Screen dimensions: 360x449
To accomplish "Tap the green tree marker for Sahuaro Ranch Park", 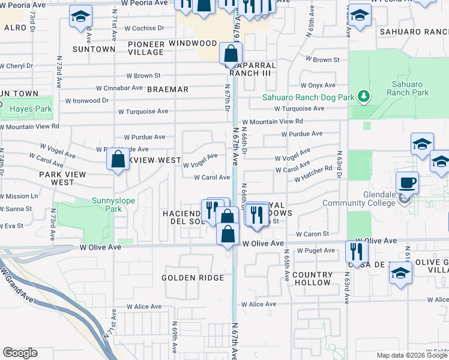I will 363,96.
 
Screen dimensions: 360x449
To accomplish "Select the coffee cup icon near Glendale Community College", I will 407,182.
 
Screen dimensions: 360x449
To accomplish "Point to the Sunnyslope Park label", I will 113,205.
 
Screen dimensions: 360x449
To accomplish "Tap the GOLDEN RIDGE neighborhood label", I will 193,278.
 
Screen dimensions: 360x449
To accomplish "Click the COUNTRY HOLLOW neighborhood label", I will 312,278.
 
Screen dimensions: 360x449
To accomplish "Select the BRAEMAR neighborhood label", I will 168,89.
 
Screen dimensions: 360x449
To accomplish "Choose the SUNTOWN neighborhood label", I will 93,49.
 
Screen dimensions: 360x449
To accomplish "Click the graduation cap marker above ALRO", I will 80,18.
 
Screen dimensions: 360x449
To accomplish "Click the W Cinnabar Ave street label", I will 122,88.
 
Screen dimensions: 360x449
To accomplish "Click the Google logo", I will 20,353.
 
